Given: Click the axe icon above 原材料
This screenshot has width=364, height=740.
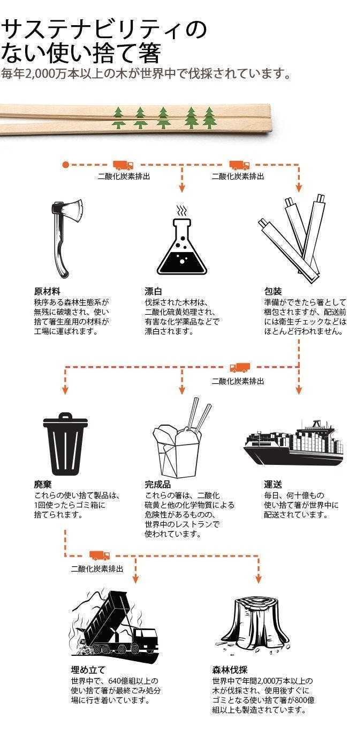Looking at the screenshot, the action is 66,238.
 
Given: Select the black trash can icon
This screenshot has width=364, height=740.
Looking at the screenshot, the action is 65,443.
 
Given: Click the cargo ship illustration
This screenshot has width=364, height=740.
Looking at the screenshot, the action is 293,443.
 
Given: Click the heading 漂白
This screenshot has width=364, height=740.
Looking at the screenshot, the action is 153,291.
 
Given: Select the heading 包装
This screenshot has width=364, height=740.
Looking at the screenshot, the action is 272,291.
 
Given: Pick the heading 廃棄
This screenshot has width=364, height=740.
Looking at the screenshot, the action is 43,485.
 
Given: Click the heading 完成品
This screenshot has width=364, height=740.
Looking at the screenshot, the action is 157,485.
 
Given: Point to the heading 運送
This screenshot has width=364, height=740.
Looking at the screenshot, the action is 272,485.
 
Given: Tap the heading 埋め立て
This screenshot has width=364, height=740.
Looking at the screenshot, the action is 88,670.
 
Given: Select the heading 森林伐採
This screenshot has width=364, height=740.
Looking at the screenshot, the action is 230,670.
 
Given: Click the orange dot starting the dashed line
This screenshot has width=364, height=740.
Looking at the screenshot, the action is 66,165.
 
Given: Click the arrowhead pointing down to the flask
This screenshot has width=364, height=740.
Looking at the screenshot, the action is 181,188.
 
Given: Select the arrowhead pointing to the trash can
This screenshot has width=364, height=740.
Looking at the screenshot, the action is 65,390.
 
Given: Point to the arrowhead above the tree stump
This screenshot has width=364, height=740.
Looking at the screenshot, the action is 259,579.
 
